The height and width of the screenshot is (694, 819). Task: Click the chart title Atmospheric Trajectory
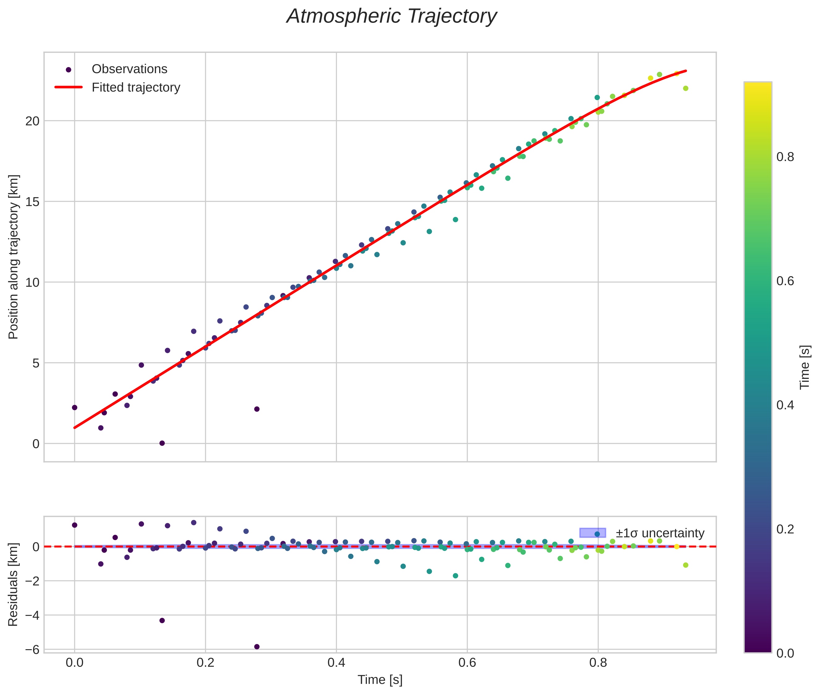click(x=392, y=16)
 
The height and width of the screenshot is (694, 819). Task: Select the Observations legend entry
click(x=129, y=69)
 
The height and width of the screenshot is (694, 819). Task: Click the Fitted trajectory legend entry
click(x=136, y=87)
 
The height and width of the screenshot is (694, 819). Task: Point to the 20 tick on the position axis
click(x=33, y=121)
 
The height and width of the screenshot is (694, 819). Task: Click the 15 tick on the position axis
click(x=33, y=202)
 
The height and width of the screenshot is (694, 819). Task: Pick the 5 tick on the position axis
click(x=36, y=363)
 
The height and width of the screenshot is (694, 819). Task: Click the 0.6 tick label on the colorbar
click(x=785, y=281)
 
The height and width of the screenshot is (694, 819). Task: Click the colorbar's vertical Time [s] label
click(x=805, y=367)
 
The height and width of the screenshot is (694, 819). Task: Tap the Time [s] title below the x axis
click(x=380, y=680)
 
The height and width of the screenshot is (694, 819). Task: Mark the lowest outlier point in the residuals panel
click(x=257, y=647)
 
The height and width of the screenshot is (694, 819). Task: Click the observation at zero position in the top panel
click(x=162, y=443)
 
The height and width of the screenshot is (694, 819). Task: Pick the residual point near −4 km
click(x=162, y=620)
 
